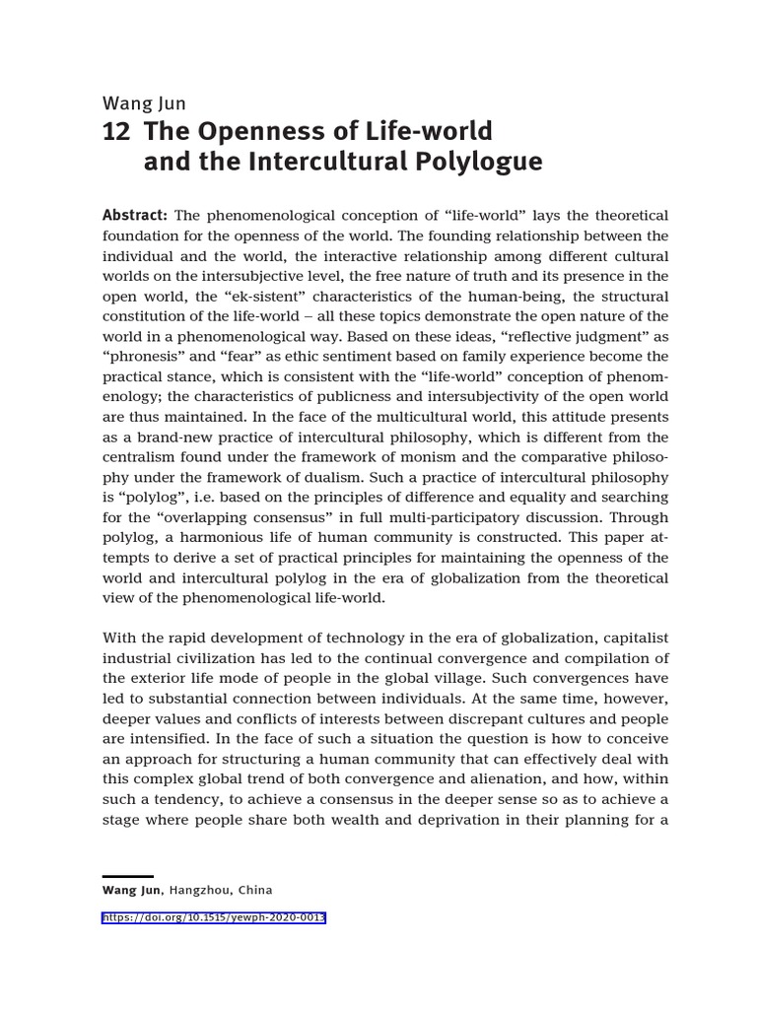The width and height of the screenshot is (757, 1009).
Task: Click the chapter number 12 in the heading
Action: click(116, 132)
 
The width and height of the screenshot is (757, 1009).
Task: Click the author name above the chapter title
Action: click(144, 101)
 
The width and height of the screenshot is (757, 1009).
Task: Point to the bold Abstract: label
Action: click(136, 216)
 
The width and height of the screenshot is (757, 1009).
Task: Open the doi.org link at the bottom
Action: click(214, 917)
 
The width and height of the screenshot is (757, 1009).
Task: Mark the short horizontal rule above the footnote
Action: click(128, 876)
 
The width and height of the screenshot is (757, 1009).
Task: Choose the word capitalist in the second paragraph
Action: click(631, 639)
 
